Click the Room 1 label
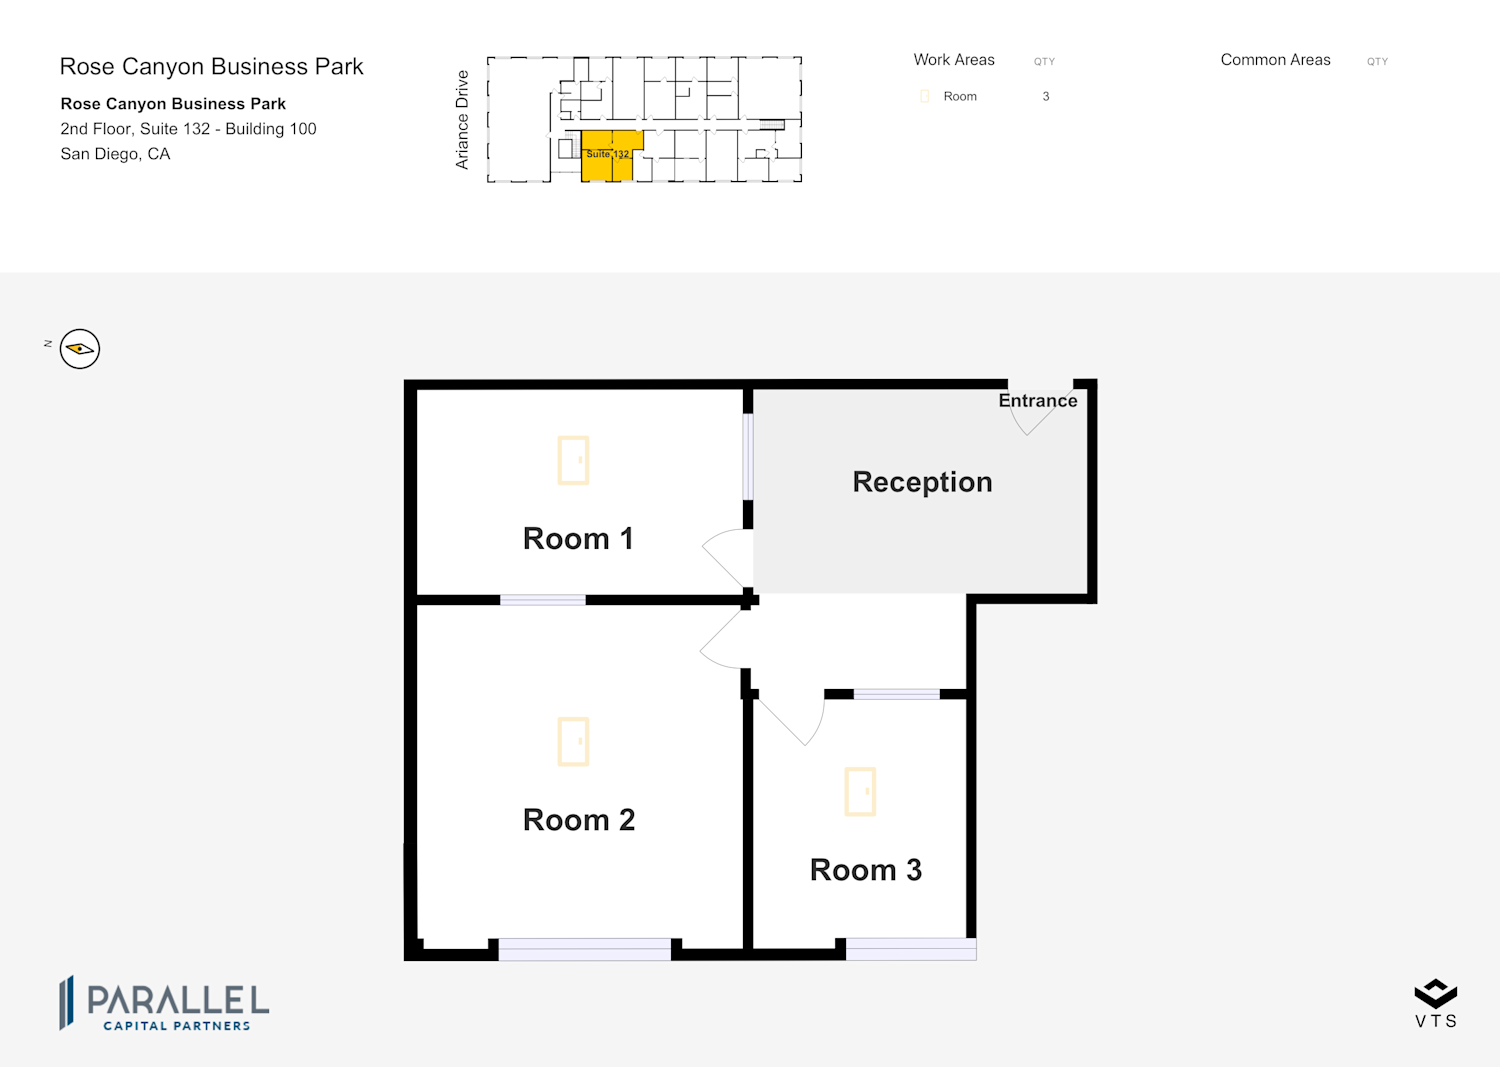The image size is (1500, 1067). coord(578,539)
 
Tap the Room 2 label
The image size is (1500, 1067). coord(579,820)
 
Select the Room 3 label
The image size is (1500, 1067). coord(866,870)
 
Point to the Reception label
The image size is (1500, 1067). coord(922,482)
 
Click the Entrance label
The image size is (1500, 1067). coord(1038,401)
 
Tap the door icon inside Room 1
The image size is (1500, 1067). coord(573,460)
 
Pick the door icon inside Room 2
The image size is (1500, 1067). coord(573,741)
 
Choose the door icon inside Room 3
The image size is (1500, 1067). coord(860,792)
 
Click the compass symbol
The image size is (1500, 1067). coord(80,348)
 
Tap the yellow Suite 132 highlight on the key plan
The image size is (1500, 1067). coord(607,155)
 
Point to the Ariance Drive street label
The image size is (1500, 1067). coord(461,119)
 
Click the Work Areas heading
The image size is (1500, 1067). coord(954,60)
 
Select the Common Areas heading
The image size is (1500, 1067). coord(1275,60)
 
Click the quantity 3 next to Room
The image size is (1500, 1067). coord(1045,96)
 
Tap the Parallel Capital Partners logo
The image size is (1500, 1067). coord(164,1003)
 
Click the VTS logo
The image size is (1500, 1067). coord(1436,1003)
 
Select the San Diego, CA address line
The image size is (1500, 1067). coord(115,154)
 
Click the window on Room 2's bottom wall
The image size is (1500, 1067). coord(585,949)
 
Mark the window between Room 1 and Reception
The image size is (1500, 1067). coord(748,457)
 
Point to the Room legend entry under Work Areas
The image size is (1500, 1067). coord(949,96)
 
